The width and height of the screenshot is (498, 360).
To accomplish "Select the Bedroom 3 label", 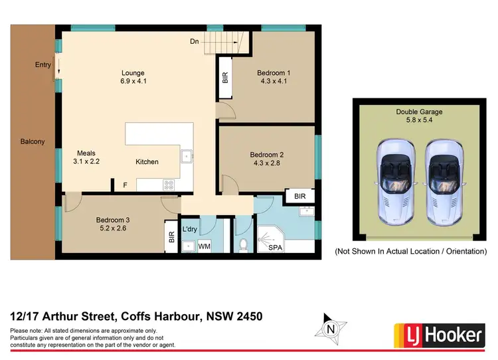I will click(x=112, y=220).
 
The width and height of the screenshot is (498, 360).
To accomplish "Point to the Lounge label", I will click(x=133, y=73).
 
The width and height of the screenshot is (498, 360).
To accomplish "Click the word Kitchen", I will click(x=147, y=161).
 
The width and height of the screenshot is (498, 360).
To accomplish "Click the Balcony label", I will click(x=32, y=141).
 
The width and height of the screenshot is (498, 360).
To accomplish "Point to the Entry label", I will click(x=43, y=64).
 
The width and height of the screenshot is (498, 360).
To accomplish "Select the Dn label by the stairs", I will click(x=195, y=41).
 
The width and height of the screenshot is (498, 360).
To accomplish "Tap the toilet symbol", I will click(x=243, y=244).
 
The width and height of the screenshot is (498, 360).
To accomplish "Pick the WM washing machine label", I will click(x=205, y=246).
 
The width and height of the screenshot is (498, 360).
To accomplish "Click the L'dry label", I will click(x=191, y=230).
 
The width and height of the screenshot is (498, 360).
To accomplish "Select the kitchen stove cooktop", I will click(x=169, y=185).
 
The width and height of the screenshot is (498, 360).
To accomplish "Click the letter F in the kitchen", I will click(x=124, y=185).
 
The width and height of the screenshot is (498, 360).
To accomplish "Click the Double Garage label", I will click(x=419, y=112).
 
